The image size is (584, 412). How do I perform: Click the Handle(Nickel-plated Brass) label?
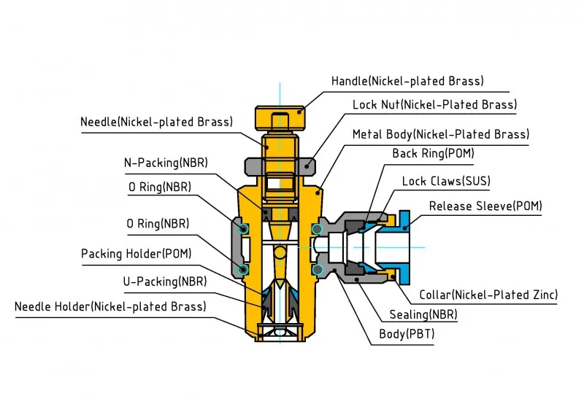407,81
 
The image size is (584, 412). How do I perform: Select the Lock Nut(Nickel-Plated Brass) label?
434,105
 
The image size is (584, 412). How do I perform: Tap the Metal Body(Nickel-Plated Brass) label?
440,134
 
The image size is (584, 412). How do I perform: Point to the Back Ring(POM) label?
432,154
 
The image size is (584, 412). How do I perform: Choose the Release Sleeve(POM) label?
485,206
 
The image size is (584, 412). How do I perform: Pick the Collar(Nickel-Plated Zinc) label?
488,295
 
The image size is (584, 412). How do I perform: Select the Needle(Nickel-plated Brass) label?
156,122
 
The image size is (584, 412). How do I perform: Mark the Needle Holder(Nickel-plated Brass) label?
110,307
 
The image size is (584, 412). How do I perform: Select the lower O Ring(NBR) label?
158,224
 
